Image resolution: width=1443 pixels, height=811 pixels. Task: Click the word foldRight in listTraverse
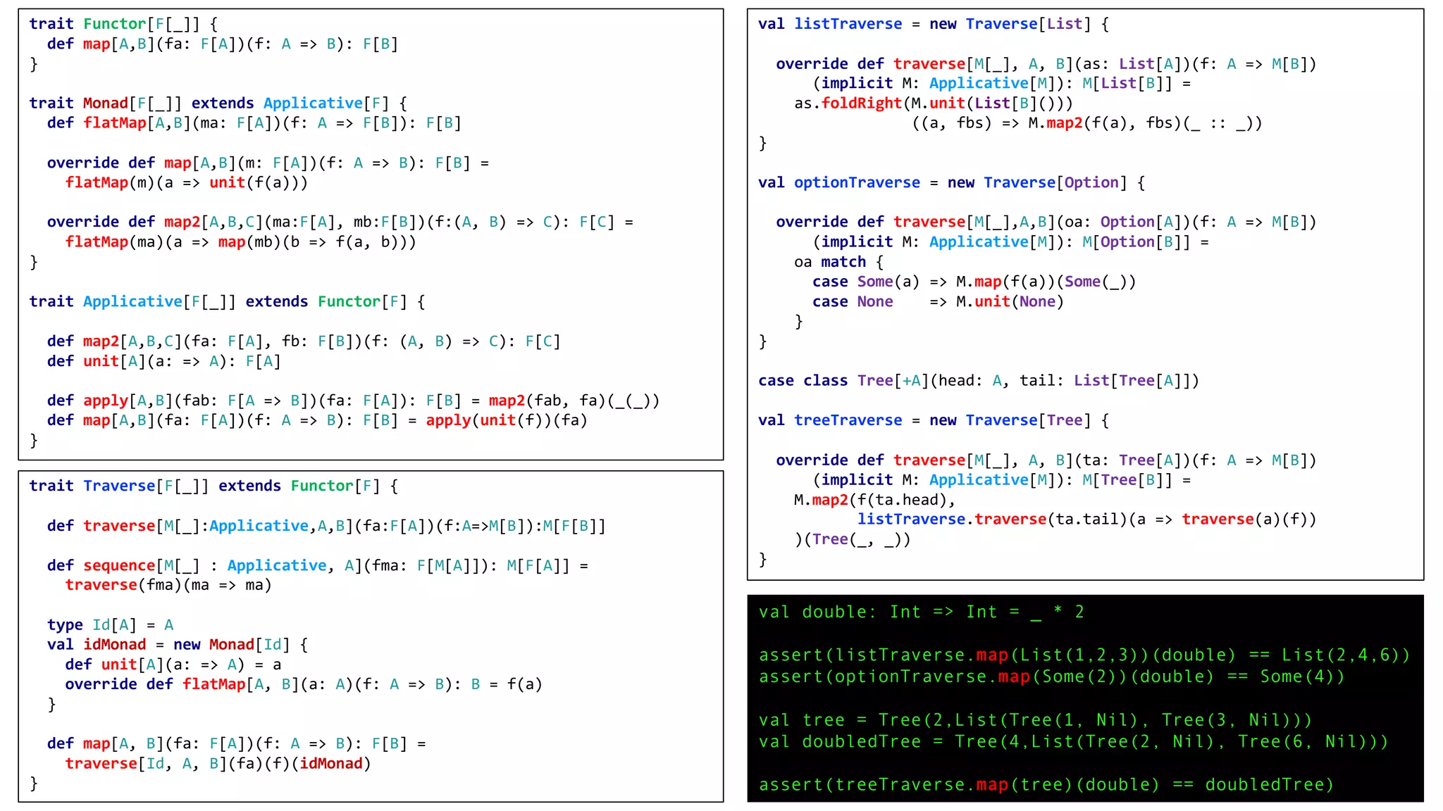pos(861,103)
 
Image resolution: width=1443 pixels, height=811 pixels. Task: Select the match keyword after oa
pos(843,262)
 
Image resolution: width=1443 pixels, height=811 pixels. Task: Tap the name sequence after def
pos(118,565)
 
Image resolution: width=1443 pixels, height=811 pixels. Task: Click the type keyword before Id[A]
pos(65,624)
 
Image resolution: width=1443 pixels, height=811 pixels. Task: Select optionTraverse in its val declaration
pos(857,183)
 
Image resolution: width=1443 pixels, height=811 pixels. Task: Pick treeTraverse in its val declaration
pos(848,420)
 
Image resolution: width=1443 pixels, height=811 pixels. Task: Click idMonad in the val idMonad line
pos(114,644)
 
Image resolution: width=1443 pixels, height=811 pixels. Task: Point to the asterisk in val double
pos(1058,611)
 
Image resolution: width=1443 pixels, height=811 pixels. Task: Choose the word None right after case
pos(874,301)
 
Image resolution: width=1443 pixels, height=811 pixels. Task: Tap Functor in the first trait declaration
pos(114,24)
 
